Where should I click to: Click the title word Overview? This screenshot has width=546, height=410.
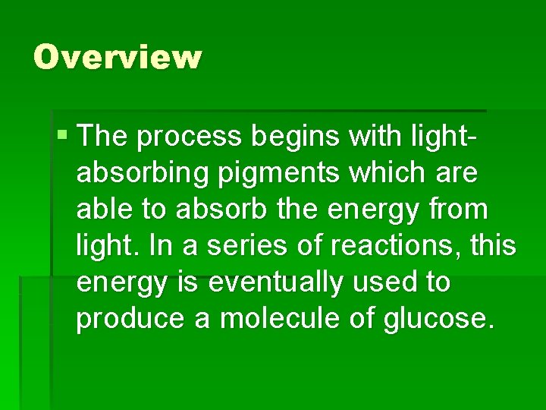click(x=118, y=57)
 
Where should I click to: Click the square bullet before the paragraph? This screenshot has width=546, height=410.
click(x=62, y=137)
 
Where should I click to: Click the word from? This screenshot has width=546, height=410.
click(x=464, y=210)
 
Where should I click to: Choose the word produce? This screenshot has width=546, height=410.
click(x=130, y=319)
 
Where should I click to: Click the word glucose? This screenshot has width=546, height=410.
click(x=440, y=319)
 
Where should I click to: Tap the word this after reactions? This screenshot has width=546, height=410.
click(x=494, y=246)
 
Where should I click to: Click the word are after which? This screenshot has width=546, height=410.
click(x=457, y=174)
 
